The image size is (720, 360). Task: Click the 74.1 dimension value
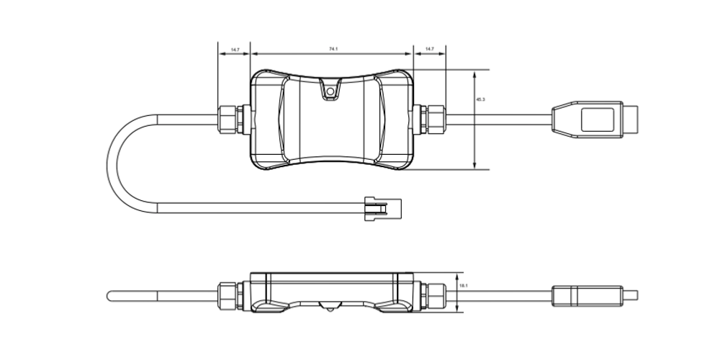(333, 49)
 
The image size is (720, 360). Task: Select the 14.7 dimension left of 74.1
(235, 50)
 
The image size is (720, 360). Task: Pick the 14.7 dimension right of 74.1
(429, 49)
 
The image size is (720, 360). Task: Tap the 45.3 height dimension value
(480, 99)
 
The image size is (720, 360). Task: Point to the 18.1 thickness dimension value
(463, 286)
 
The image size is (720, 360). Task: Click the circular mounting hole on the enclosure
(330, 91)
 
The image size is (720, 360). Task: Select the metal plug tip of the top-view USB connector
(631, 120)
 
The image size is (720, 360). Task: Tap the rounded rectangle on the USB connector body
(598, 120)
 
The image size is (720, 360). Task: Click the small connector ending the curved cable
(383, 209)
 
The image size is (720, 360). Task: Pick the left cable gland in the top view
(234, 120)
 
